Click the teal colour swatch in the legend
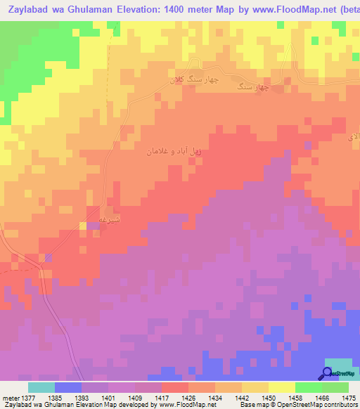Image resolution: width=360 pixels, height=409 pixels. [x=41, y=387]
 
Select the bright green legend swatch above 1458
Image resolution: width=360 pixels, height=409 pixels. [x=308, y=387]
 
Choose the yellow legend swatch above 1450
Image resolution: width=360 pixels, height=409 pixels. [x=281, y=387]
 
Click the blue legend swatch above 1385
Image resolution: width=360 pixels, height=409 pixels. [x=68, y=387]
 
